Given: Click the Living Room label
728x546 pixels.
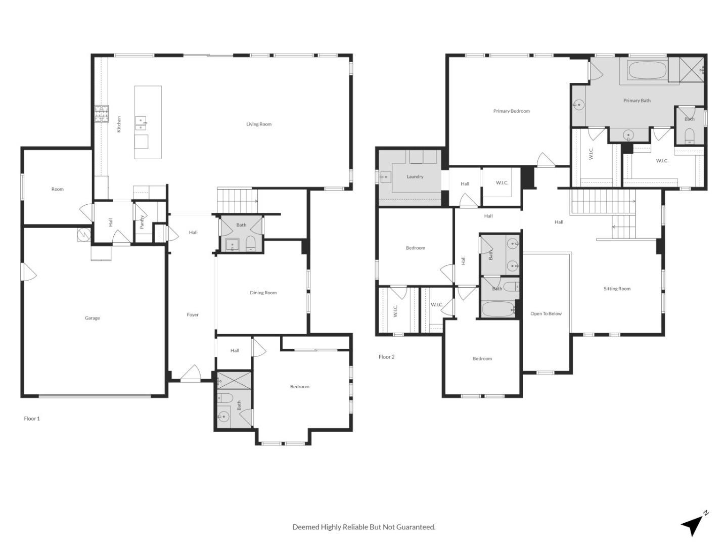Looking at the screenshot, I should pos(259,124).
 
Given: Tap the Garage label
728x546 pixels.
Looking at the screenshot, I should pos(92,318).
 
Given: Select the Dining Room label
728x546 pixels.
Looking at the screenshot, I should pos(263,293).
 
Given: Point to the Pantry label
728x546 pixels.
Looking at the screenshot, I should pos(142,222).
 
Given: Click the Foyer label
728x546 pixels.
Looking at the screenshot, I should pos(193,314).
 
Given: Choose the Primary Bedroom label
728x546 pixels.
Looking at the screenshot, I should pos(511,111).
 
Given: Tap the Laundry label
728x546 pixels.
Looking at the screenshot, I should pos(415,177).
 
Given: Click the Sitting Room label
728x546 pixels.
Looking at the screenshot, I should pos(617,289).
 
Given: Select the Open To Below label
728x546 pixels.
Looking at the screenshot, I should pos(546,314).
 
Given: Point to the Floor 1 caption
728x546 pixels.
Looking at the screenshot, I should pos(32,419).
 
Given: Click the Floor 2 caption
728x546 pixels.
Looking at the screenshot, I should pos(387,357).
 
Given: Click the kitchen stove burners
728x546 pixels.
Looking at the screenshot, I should pos(101,114).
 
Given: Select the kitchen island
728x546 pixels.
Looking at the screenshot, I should pos(148,122).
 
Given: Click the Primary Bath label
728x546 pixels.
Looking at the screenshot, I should pos(636,101).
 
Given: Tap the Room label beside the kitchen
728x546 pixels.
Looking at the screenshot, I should pos(58,189).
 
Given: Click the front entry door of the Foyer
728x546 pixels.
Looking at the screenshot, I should pos(191,375).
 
